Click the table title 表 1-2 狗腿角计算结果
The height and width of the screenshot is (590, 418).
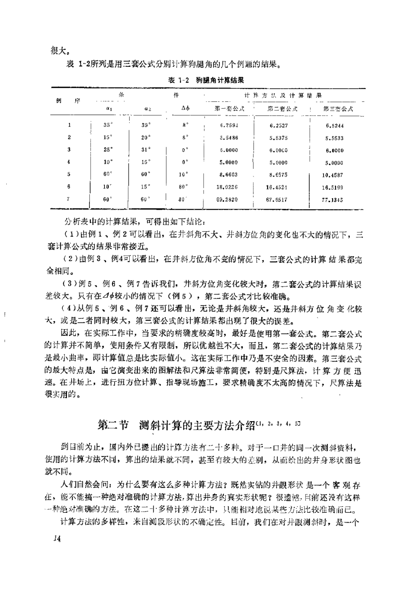[x=206, y=80]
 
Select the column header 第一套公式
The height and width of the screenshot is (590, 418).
[x=229, y=109]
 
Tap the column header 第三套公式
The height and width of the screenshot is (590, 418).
[x=338, y=109]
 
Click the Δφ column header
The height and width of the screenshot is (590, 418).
[x=185, y=109]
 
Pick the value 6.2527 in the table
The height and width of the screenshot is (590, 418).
[x=279, y=126]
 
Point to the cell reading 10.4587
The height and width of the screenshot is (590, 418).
[x=332, y=175]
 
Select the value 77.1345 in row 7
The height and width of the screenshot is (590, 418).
[x=332, y=200]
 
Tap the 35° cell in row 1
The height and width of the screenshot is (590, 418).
[x=108, y=125]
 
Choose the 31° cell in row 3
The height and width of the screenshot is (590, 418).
[x=146, y=150]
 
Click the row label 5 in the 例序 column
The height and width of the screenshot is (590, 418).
[x=69, y=174]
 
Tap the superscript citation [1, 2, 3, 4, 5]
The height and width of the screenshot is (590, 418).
[x=278, y=423]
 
